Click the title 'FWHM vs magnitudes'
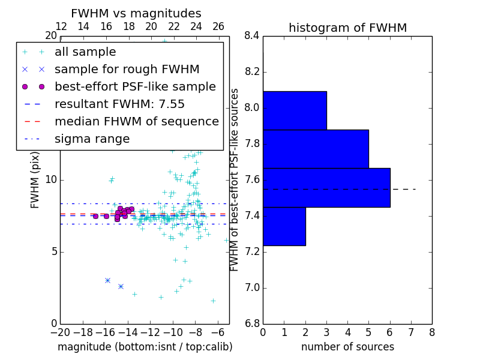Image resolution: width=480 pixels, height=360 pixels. pyautogui.click(x=136, y=14)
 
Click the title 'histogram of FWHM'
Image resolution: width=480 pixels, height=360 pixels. pyautogui.click(x=347, y=28)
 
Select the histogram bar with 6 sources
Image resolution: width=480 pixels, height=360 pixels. pyautogui.click(x=326, y=187)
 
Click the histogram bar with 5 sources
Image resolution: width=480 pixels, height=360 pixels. pyautogui.click(x=316, y=149)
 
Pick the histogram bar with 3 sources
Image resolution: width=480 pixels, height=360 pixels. pyautogui.click(x=295, y=110)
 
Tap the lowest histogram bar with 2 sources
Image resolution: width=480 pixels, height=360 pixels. pyautogui.click(x=284, y=226)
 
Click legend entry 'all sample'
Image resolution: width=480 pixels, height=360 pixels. pyautogui.click(x=85, y=52)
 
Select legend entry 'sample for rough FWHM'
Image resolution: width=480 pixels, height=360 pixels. pyautogui.click(x=127, y=70)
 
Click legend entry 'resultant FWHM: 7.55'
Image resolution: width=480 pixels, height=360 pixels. pyautogui.click(x=119, y=104)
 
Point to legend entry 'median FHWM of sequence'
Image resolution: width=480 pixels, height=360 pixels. pyautogui.click(x=136, y=122)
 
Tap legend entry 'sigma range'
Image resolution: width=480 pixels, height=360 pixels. pyautogui.click(x=92, y=139)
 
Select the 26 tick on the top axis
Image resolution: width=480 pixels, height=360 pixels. pyautogui.click(x=218, y=26)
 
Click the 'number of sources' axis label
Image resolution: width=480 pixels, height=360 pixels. pyautogui.click(x=347, y=347)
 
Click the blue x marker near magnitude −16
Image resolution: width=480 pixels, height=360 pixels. pyautogui.click(x=107, y=280)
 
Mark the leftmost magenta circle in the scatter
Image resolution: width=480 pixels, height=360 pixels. pyautogui.click(x=95, y=216)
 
